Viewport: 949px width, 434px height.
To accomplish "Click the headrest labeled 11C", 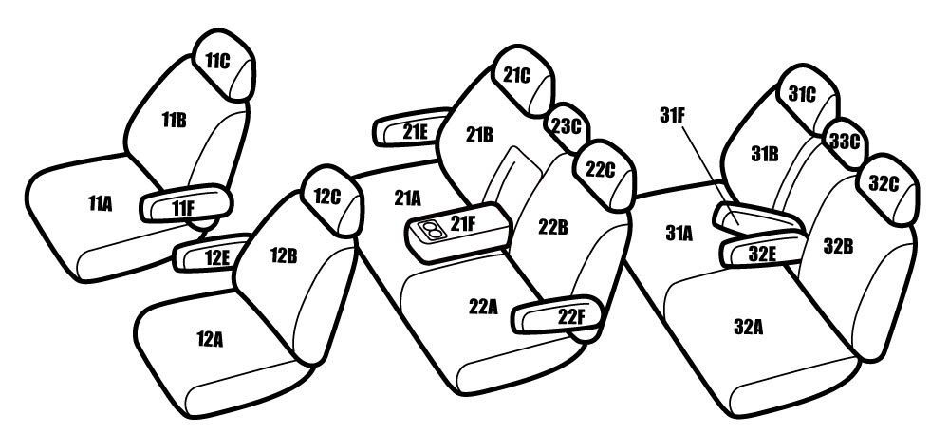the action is [x=223, y=65].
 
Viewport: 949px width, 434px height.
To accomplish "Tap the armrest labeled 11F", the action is [x=186, y=204].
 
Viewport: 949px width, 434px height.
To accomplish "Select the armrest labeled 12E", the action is [x=212, y=254].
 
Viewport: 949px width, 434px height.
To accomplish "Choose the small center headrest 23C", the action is [x=567, y=127].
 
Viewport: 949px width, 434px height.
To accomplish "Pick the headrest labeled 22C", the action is [x=604, y=175].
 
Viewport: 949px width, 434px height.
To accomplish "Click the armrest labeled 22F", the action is [x=558, y=314].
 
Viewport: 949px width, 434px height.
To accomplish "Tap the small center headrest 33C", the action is [x=845, y=142].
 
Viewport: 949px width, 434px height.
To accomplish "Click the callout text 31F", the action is [x=672, y=116].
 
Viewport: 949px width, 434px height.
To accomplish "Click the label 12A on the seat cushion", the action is [x=210, y=339].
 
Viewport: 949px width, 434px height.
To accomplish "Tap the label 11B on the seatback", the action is [x=174, y=120].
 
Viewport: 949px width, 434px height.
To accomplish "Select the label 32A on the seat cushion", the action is [x=748, y=327].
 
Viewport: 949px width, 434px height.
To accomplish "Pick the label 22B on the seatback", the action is [x=552, y=227].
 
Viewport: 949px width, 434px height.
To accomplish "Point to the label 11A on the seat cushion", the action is [x=100, y=203].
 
